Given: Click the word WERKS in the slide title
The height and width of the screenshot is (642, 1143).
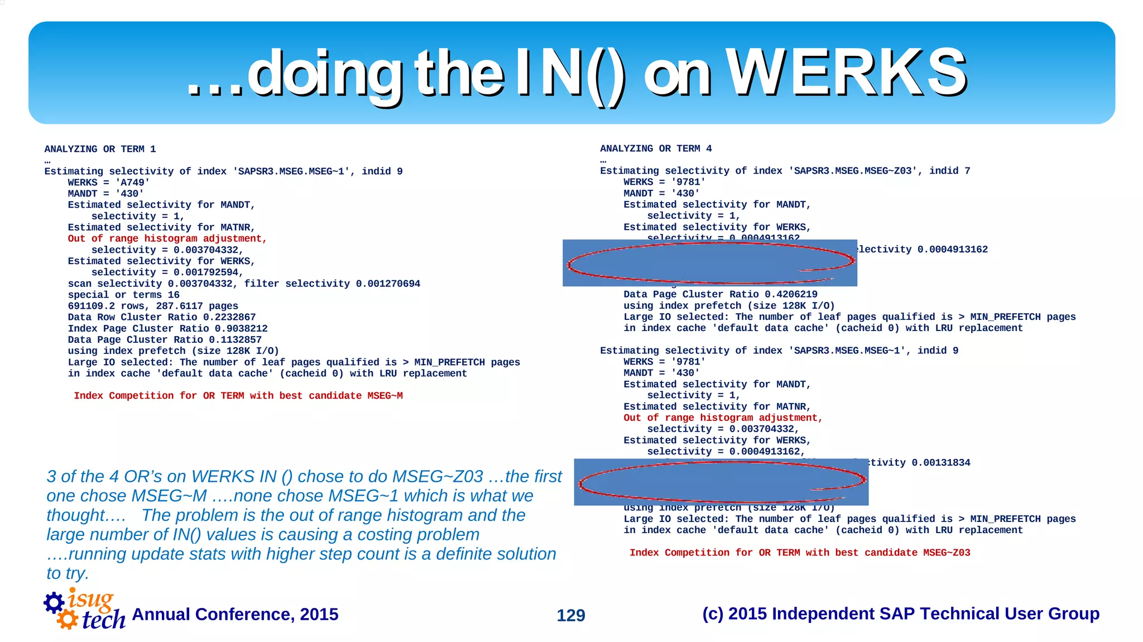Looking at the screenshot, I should click(846, 73).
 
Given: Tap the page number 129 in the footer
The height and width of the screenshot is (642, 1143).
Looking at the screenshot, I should click(570, 615).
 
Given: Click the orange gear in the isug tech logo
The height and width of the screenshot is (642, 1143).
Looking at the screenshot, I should click(68, 619).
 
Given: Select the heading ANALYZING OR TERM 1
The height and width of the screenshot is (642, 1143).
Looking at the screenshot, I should click(100, 149).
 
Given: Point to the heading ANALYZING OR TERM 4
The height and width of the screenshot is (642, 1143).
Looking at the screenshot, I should click(656, 148).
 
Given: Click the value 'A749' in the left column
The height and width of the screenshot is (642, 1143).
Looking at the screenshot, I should click(132, 183).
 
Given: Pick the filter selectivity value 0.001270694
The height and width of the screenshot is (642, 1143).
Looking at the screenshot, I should click(388, 284).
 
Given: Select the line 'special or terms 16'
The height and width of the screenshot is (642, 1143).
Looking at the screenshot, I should click(123, 295).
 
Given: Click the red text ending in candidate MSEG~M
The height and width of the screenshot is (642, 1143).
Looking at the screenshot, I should click(238, 396).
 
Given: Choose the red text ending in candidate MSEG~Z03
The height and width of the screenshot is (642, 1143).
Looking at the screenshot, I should click(800, 553).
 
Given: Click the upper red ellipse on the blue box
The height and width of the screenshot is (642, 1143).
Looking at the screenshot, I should click(710, 263).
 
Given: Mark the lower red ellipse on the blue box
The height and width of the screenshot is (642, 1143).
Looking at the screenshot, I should click(721, 482).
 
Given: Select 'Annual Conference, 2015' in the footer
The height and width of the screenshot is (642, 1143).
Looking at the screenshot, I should click(235, 614).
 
